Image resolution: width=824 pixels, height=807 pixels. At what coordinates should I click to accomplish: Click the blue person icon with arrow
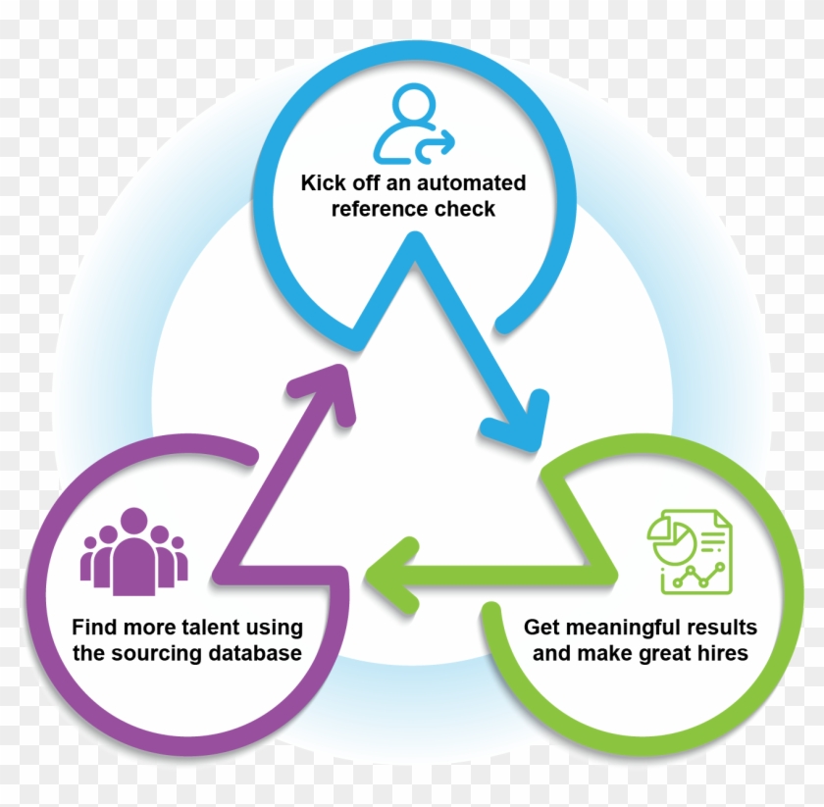coord(413,125)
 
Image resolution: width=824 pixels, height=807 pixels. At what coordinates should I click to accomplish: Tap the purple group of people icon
coord(133,552)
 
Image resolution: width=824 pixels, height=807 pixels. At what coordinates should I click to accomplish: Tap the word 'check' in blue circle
coord(464,209)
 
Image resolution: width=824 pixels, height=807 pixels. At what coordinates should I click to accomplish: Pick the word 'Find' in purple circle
coord(93,628)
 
